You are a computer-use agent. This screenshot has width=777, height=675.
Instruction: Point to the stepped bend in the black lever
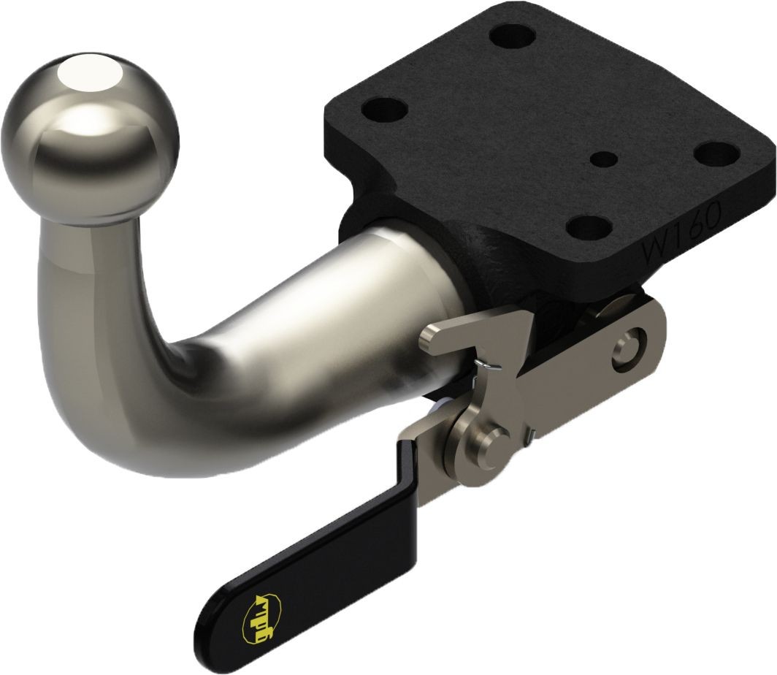tap(409, 468)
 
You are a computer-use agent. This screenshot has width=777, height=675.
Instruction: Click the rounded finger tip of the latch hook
tap(428, 337)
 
